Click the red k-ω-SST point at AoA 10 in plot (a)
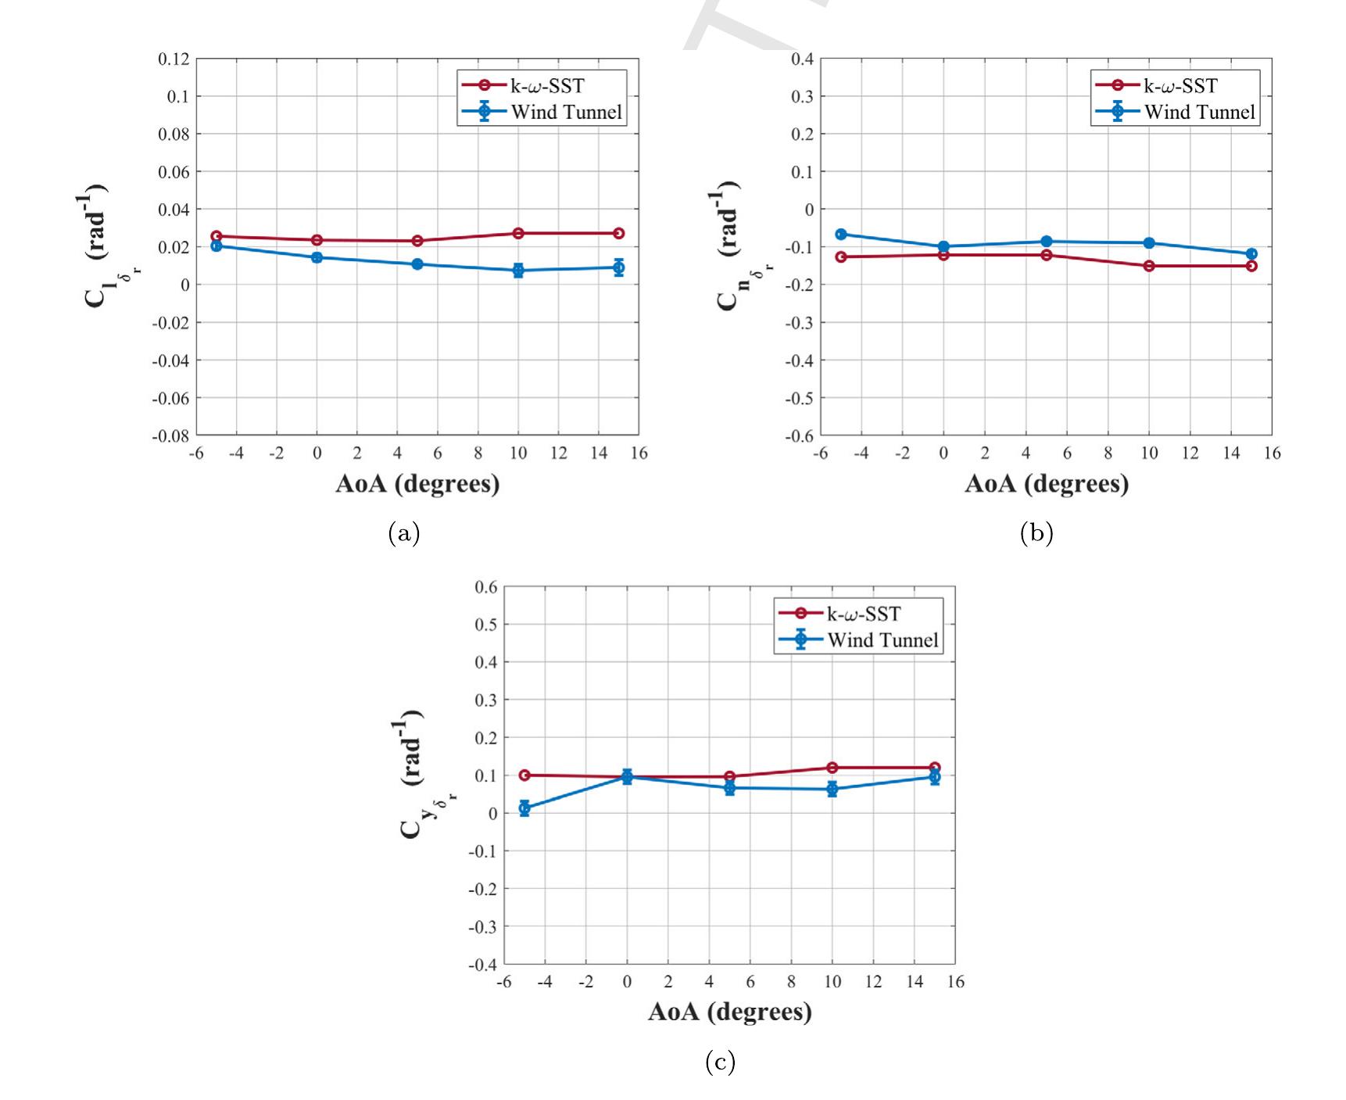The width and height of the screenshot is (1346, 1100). [518, 233]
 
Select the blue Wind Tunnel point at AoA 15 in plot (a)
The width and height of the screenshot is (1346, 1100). [618, 267]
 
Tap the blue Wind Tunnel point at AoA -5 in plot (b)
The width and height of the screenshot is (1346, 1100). [841, 234]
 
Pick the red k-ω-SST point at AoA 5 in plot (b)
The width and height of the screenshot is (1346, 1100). [1046, 255]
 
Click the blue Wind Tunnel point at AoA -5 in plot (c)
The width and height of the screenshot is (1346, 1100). [524, 808]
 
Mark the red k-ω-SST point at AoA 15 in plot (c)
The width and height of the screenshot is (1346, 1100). [935, 768]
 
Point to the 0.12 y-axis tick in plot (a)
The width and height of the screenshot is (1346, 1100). [174, 59]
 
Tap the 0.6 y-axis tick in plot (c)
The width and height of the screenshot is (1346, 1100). [486, 587]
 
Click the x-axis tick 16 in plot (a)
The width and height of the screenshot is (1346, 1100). [639, 453]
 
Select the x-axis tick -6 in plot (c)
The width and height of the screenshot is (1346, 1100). [504, 982]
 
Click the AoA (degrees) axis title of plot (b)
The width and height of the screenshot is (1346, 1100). [1046, 484]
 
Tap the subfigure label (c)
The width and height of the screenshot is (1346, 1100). [719, 1062]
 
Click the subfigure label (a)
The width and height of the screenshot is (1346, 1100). [403, 533]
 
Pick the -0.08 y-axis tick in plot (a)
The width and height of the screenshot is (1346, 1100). [170, 435]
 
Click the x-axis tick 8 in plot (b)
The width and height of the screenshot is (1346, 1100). [1108, 453]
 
